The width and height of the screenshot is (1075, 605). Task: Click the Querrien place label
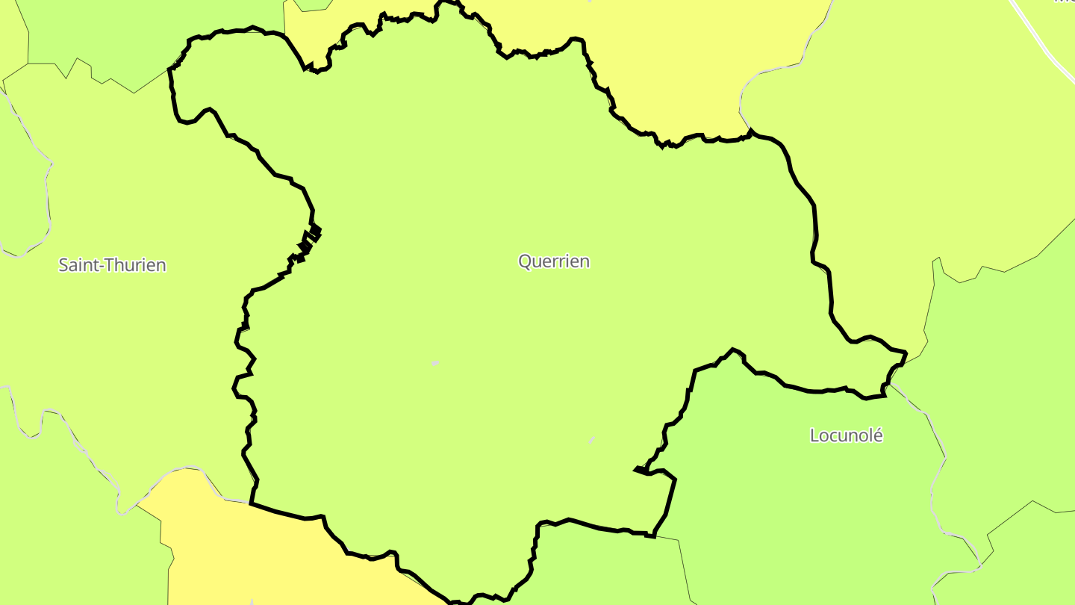pyautogui.click(x=554, y=261)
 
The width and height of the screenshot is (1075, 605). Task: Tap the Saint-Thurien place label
pyautogui.click(x=112, y=265)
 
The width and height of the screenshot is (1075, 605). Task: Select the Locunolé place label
pyautogui.click(x=846, y=435)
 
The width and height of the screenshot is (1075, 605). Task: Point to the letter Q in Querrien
pyautogui.click(x=526, y=261)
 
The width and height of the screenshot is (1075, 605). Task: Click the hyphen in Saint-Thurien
pyautogui.click(x=104, y=265)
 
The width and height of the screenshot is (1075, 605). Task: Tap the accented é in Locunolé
pyautogui.click(x=877, y=435)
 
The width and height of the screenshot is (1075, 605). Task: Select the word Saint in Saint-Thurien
pyautogui.click(x=79, y=265)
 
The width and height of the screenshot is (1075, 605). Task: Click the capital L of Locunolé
pyautogui.click(x=815, y=435)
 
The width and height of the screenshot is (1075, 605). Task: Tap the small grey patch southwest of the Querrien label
pyautogui.click(x=435, y=363)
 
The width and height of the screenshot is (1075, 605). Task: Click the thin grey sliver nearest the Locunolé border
pyautogui.click(x=592, y=441)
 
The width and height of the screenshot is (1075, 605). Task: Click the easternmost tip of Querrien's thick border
pyautogui.click(x=906, y=353)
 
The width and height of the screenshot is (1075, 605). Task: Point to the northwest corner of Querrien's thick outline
pyautogui.click(x=171, y=69)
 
